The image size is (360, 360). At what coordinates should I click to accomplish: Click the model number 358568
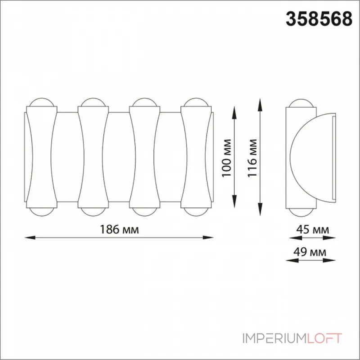[319, 19]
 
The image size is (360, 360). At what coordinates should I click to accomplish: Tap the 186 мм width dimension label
[119, 229]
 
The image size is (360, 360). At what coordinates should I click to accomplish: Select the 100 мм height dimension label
[226, 158]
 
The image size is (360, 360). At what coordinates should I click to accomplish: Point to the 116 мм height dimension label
[252, 158]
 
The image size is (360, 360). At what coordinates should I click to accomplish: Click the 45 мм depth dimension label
[312, 229]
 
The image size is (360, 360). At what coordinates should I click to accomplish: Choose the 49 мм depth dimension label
[310, 252]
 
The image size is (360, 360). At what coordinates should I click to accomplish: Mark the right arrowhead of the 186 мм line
[208, 238]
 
